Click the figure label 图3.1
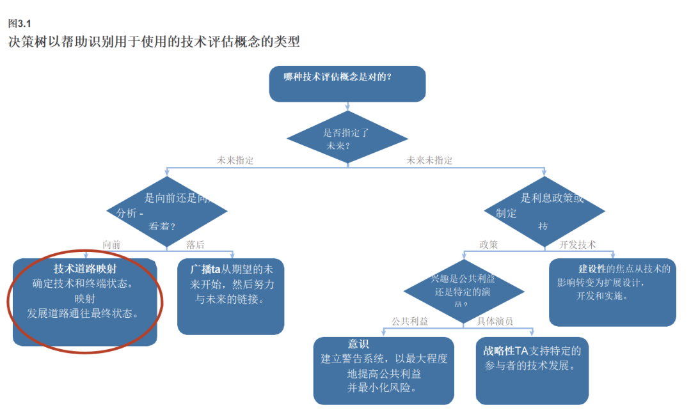point(19,24)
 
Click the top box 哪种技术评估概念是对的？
point(347,83)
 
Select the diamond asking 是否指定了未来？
point(347,137)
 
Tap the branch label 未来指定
point(235,161)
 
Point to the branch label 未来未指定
point(429,161)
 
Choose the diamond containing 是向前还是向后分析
point(166,212)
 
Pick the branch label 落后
point(195,244)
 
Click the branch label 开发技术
point(577,244)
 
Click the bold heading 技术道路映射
point(85,269)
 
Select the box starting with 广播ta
point(230,296)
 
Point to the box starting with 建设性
point(612,292)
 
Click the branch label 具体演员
point(495,321)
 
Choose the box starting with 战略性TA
point(532,370)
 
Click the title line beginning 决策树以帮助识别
point(154,42)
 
